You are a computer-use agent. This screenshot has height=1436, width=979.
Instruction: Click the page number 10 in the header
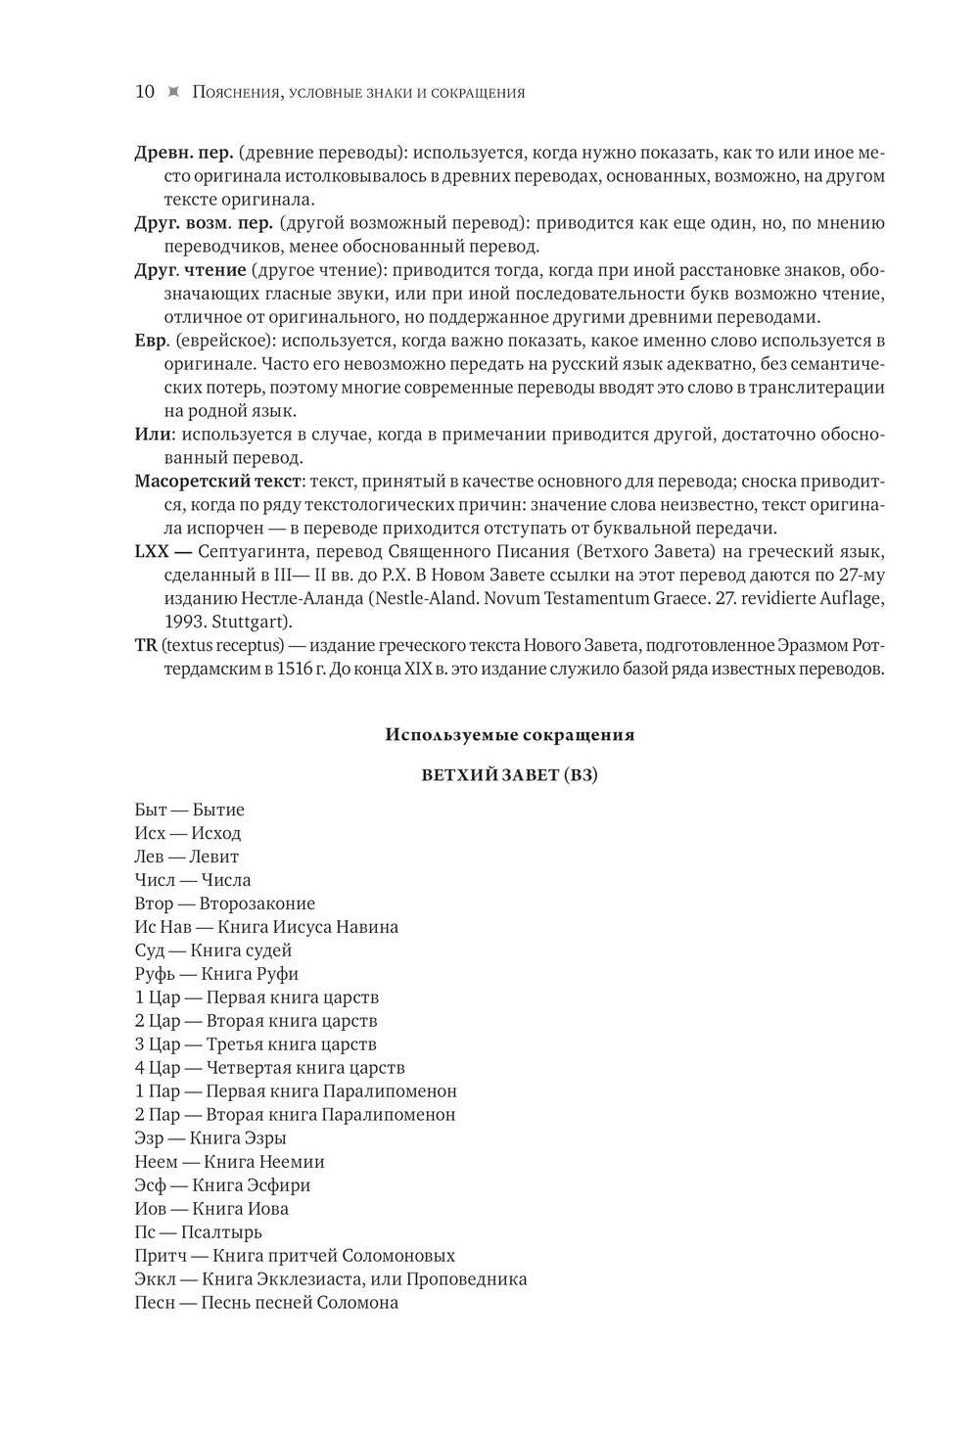pyautogui.click(x=144, y=92)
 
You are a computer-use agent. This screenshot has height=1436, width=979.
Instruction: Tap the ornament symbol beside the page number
pyautogui.click(x=174, y=92)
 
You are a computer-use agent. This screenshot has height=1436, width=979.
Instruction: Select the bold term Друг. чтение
pyautogui.click(x=190, y=270)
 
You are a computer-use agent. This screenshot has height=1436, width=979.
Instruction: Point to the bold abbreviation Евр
pyautogui.click(x=153, y=341)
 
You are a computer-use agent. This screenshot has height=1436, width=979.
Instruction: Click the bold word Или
pyautogui.click(x=153, y=435)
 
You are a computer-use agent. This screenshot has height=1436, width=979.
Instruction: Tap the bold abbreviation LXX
pyautogui.click(x=153, y=552)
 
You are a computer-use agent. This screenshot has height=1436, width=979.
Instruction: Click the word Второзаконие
pyautogui.click(x=257, y=903)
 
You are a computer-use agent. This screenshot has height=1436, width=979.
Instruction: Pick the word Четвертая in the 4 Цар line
pyautogui.click(x=249, y=1068)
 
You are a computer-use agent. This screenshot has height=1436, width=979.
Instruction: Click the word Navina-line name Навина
pyautogui.click(x=367, y=927)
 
